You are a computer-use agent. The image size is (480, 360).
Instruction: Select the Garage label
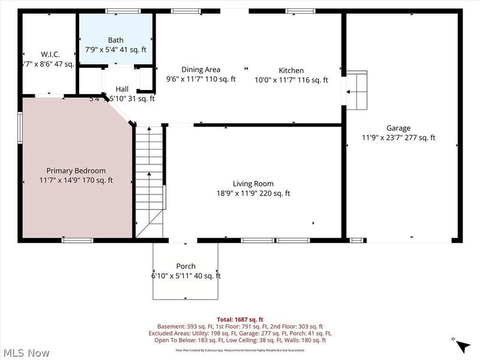pyautogui.click(x=398, y=128)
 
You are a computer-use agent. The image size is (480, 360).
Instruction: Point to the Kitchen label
pyautogui.click(x=291, y=70)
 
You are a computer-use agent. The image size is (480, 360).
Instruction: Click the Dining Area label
pyautogui.click(x=201, y=70)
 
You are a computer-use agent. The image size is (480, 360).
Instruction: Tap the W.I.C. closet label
pyautogui.click(x=50, y=54)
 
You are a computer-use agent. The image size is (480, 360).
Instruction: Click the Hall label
pyautogui.click(x=122, y=89)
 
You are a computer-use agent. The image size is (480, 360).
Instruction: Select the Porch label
pyautogui.click(x=186, y=266)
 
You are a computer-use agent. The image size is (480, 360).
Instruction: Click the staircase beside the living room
pyautogui.click(x=149, y=180)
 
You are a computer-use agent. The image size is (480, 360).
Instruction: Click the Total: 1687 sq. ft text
pyautogui.click(x=240, y=319)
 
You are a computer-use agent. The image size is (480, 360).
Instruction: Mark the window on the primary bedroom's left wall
pyautogui.click(x=20, y=127)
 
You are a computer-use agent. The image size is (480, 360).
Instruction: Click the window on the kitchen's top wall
pyautogui.click(x=300, y=11)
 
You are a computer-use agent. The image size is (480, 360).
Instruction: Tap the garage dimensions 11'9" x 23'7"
pyautogui.click(x=398, y=137)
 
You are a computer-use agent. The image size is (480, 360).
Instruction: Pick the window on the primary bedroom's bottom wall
pyautogui.click(x=77, y=240)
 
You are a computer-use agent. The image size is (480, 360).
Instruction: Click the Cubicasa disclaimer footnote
pyautogui.click(x=240, y=350)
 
